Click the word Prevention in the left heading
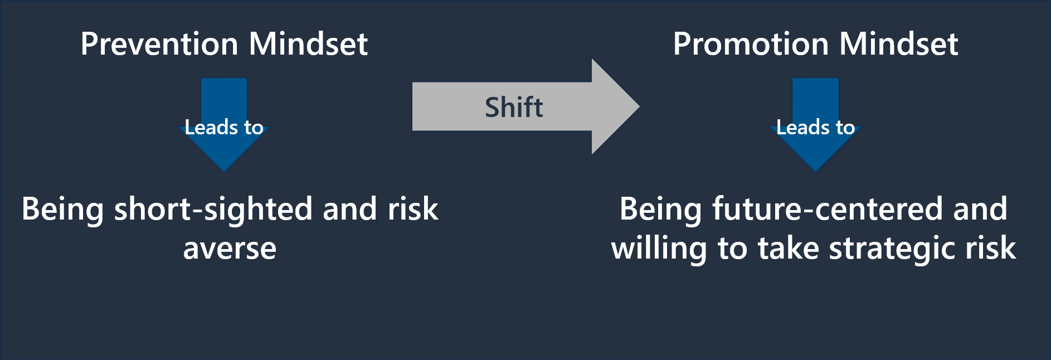159,44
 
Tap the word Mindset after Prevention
308,44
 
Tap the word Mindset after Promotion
898,44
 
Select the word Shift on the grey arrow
514,107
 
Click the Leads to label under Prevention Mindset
224,128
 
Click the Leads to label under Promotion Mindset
815,128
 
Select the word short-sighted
214,210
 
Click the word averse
230,249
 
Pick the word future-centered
828,210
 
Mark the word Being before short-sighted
62,210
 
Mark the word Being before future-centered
661,210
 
